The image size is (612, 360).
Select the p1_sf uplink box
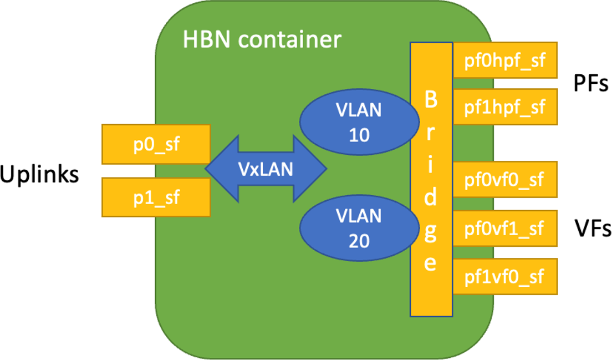[156, 197]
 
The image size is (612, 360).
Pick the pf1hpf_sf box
[505, 106]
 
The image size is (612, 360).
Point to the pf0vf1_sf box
[505, 228]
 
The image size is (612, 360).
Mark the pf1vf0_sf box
[505, 276]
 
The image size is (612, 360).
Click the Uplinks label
[39, 175]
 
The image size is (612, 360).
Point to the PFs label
[591, 84]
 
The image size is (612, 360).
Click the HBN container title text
[262, 39]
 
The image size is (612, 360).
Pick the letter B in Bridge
[430, 101]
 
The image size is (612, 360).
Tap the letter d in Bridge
[430, 197]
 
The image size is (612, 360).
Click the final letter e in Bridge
[430, 263]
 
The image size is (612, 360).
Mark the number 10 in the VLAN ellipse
[359, 134]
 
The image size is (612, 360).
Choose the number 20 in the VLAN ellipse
[359, 240]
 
